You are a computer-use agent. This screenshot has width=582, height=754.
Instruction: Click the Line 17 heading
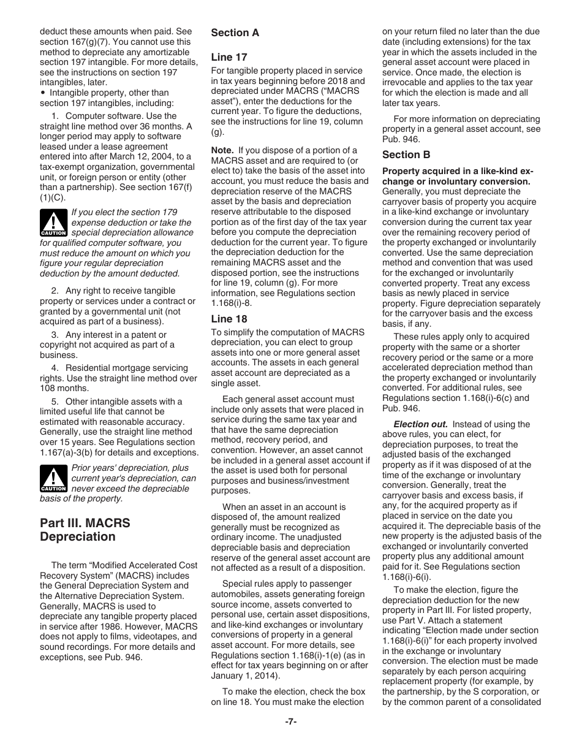[x=229, y=57]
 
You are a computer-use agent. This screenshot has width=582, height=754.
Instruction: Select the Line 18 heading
[x=229, y=319]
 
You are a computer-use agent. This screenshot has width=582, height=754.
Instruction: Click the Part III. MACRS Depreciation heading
[x=78, y=530]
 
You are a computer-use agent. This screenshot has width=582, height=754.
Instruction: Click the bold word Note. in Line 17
[x=222, y=150]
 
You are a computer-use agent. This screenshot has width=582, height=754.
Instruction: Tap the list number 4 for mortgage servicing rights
[x=55, y=368]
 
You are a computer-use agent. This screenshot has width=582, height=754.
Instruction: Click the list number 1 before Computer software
[x=55, y=116]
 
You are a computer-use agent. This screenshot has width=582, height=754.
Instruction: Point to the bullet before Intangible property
[x=43, y=93]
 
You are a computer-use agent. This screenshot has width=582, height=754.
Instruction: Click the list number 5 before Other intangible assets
[x=55, y=402]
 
